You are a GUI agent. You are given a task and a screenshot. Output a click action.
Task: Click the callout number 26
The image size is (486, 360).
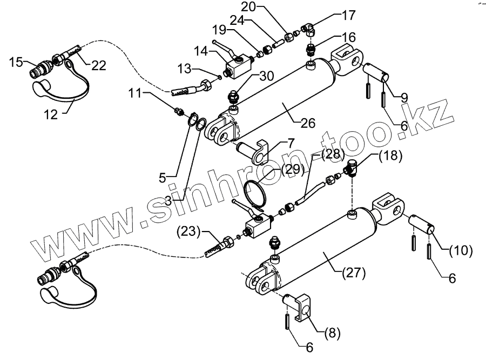[x=307, y=124]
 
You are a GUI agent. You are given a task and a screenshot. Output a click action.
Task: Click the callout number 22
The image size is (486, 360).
[x=99, y=65]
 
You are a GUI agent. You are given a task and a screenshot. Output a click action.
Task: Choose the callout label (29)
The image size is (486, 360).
[x=292, y=169]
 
